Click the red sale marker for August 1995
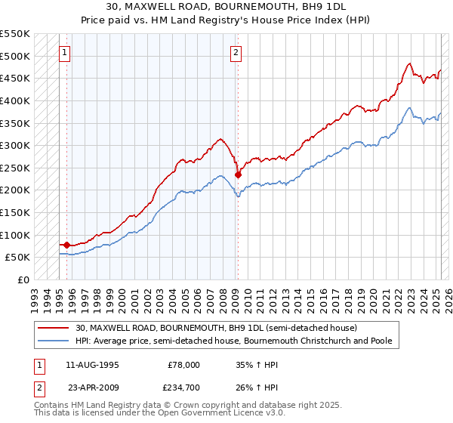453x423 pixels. coord(66,245)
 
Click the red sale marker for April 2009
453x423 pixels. coord(238,174)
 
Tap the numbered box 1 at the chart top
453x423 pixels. coord(66,53)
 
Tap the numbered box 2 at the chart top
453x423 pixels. coord(236,53)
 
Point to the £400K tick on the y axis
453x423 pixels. coord(15,100)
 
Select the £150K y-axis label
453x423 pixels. coord(15,212)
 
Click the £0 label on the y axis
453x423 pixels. coord(23,279)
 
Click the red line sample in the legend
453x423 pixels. coord(54,328)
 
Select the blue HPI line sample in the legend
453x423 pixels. coord(54,341)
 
